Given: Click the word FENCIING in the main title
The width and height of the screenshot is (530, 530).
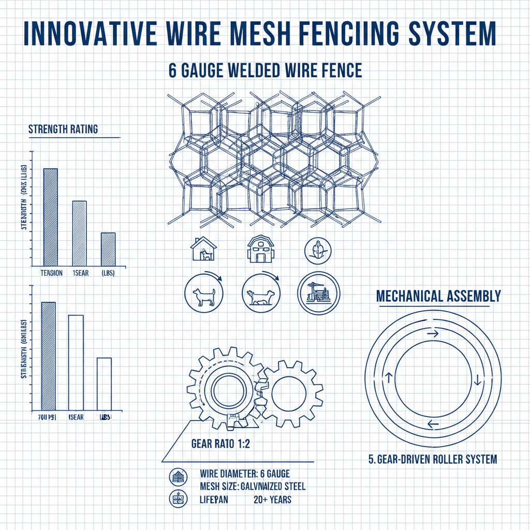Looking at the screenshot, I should click(x=338, y=34).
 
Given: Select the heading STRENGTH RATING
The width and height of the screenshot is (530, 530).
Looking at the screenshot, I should click(x=63, y=129).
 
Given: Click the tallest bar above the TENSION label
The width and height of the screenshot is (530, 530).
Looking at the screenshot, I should click(x=50, y=216).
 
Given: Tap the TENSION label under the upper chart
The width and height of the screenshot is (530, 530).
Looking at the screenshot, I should click(x=51, y=273).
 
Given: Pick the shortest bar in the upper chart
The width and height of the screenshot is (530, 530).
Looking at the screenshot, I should click(x=108, y=249).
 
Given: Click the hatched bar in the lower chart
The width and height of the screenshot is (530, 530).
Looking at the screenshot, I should click(x=48, y=355).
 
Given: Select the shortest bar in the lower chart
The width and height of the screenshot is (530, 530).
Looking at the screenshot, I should click(x=104, y=384).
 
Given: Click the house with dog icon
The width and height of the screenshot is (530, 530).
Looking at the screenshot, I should click(x=203, y=249).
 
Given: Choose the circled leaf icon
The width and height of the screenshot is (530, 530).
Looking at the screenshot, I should click(x=315, y=249).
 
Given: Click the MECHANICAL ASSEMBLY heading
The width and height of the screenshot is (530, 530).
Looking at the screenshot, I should click(x=438, y=296).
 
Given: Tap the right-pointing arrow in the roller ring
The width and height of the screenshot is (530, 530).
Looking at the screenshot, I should click(x=432, y=334).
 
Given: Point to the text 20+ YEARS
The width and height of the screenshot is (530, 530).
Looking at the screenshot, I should click(x=272, y=499).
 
